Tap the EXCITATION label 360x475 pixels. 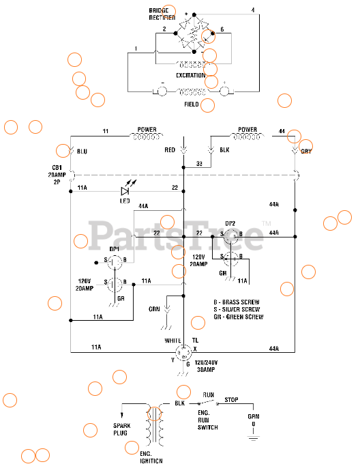pos(190,75)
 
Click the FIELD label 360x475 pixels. pos(192,104)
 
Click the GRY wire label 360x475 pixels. pos(306,152)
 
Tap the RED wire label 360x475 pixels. pos(170,149)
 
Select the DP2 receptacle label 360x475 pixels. pos(230,223)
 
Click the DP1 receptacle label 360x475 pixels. pos(115,249)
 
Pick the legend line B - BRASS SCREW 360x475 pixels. pos(236,302)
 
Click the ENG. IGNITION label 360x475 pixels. pos(152,457)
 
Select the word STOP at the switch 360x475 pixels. pos(232,401)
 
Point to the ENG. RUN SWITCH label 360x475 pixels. pos(207,421)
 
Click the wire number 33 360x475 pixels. pos(199,164)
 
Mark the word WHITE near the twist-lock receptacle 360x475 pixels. pos(172,340)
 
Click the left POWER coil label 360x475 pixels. pos(147,129)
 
